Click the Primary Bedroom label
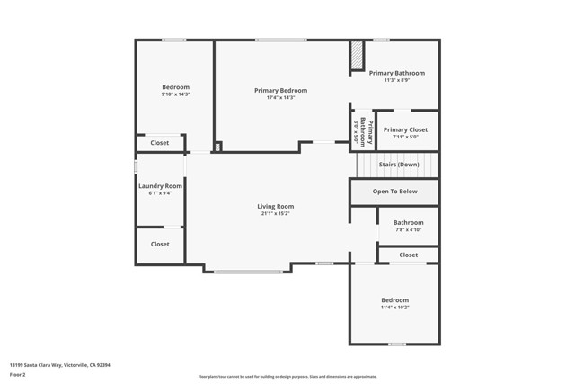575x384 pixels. point(280,90)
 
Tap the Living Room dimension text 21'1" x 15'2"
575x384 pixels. point(276,214)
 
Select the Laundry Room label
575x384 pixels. point(160,186)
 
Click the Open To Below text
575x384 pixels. point(395,192)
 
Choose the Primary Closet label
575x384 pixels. point(405,129)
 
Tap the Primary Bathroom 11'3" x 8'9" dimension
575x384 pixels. point(396,80)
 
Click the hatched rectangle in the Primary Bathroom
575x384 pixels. point(357,56)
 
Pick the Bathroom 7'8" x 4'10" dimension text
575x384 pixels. point(408,230)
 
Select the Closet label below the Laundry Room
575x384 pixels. point(160,244)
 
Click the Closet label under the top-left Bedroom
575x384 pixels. point(160,143)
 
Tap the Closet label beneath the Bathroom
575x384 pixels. point(409,255)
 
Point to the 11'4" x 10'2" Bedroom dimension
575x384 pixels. point(394,308)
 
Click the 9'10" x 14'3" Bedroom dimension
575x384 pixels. point(175,94)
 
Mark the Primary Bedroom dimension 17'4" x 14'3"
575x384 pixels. point(280,97)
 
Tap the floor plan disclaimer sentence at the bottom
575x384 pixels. point(287,376)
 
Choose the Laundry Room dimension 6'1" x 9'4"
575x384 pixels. point(160,193)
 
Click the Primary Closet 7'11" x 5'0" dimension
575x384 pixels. point(405,137)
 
